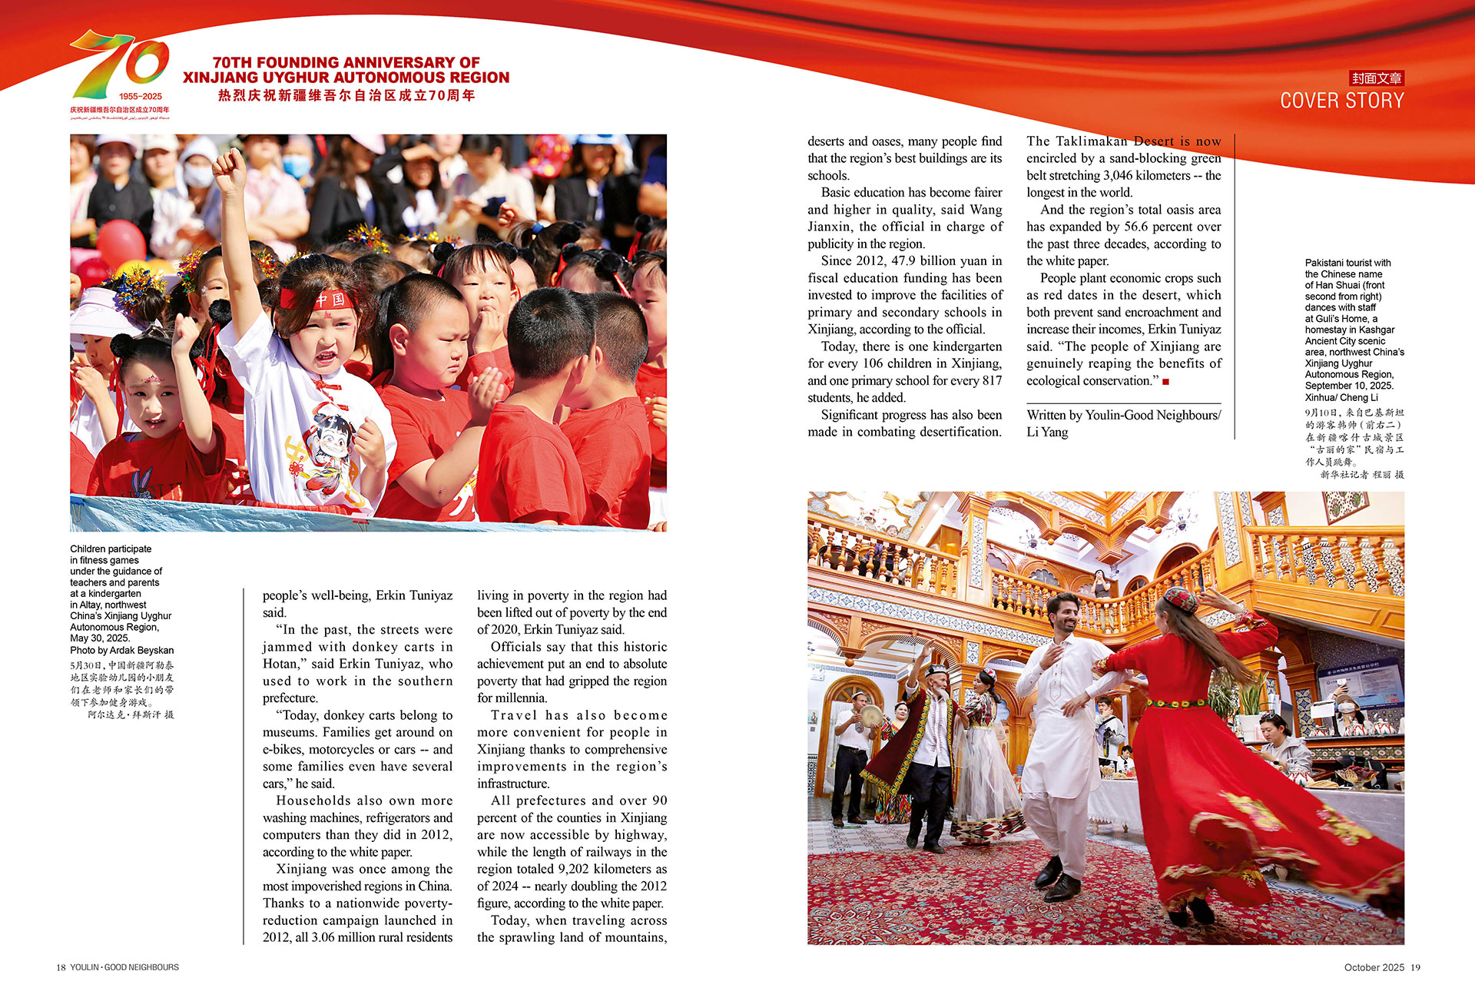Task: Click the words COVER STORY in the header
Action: pyautogui.click(x=1341, y=101)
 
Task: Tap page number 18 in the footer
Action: pyautogui.click(x=61, y=967)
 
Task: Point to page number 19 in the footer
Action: pyautogui.click(x=1415, y=967)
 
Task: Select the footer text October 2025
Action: pyautogui.click(x=1374, y=967)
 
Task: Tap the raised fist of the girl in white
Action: pyautogui.click(x=228, y=171)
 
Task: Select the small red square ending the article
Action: pyautogui.click(x=1165, y=382)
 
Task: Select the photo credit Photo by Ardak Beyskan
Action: pyautogui.click(x=121, y=650)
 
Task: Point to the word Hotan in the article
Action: pyautogui.click(x=280, y=664)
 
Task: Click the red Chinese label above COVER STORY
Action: pyautogui.click(x=1377, y=78)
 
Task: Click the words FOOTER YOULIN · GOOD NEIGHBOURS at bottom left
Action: pyautogui.click(x=124, y=967)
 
